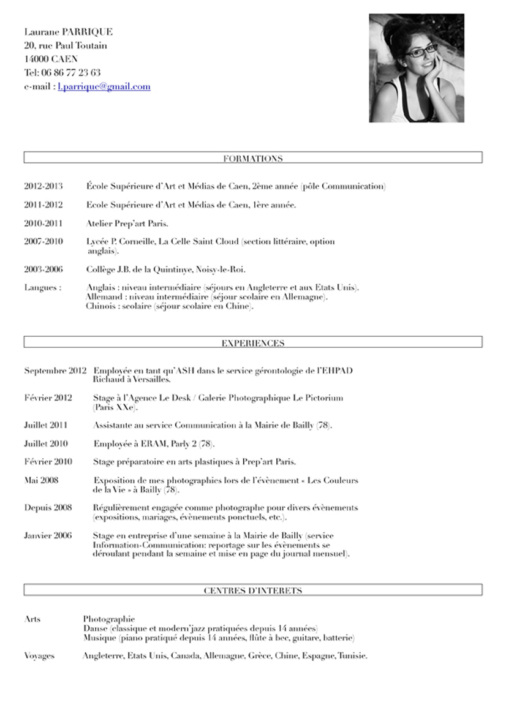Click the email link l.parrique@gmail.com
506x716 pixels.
(x=104, y=86)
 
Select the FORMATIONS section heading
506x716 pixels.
(x=253, y=159)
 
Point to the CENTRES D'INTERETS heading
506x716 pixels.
(x=253, y=591)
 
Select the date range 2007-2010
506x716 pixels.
(x=43, y=242)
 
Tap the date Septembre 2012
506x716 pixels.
(x=55, y=371)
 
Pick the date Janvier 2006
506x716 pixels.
(x=48, y=536)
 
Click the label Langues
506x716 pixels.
(x=42, y=287)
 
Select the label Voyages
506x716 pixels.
(x=39, y=656)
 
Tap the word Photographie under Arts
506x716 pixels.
(x=109, y=619)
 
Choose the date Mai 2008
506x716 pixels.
(x=41, y=480)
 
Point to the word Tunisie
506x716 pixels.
(x=352, y=656)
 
